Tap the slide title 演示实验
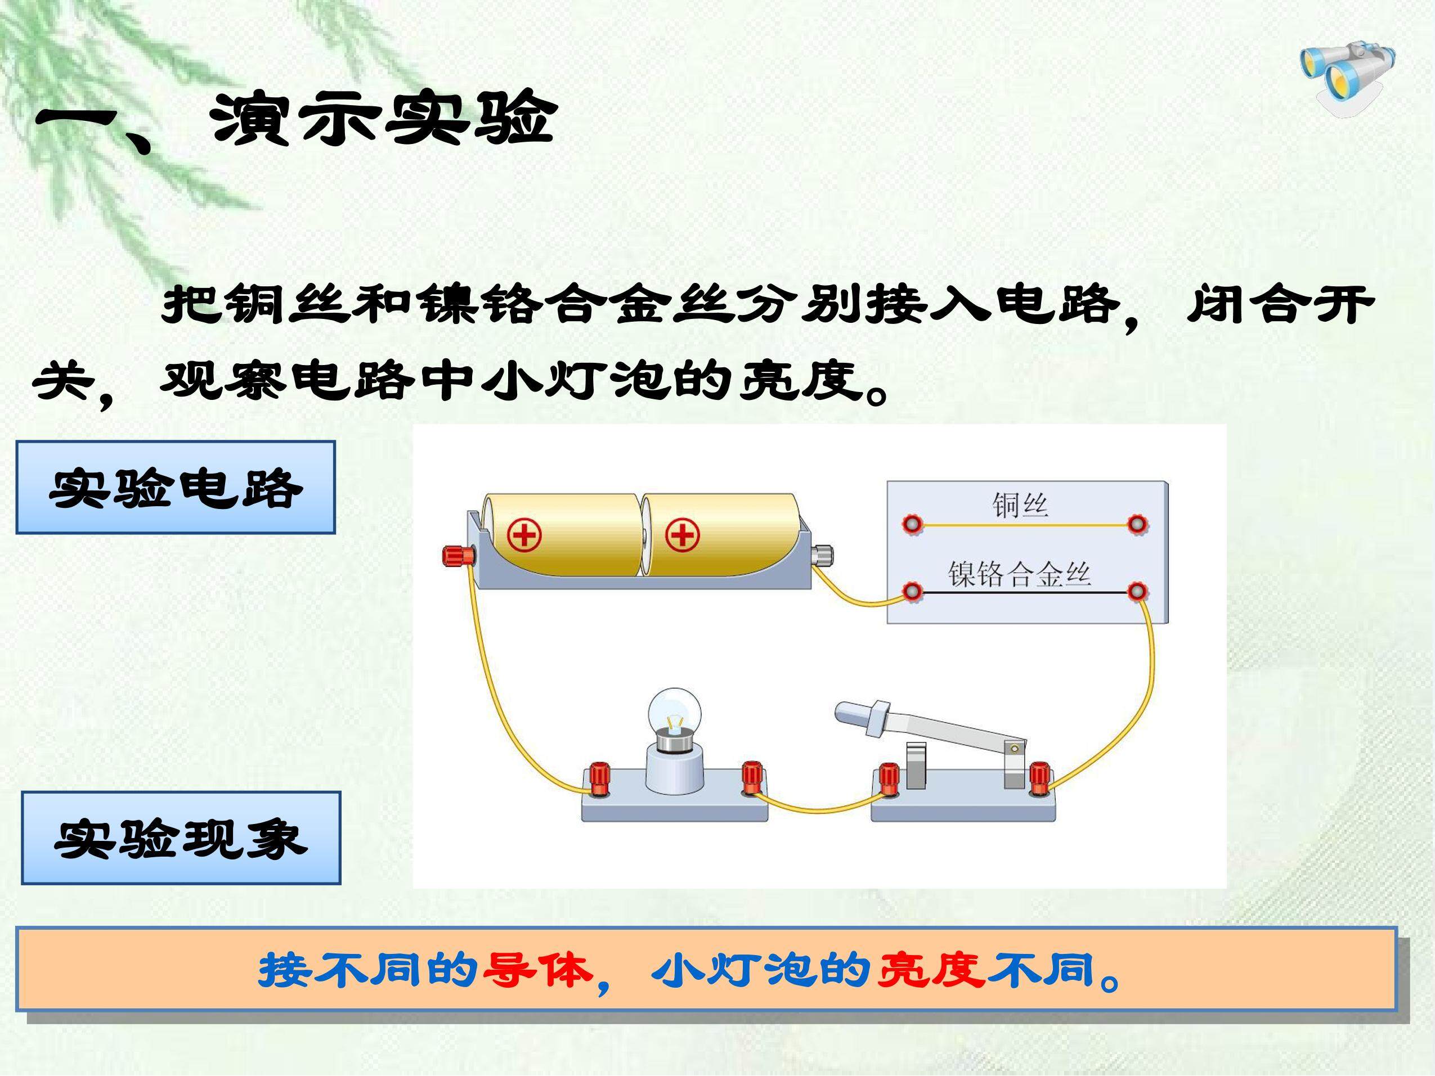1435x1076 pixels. click(x=383, y=118)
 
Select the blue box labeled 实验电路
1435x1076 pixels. click(x=175, y=487)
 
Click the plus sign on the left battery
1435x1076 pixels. click(x=524, y=535)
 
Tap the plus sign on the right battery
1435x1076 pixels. click(x=682, y=535)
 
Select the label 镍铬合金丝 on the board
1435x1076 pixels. click(x=1019, y=573)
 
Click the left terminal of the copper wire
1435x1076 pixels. click(x=913, y=524)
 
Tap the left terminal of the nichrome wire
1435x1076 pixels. click(x=913, y=592)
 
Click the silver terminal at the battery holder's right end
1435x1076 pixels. click(x=823, y=556)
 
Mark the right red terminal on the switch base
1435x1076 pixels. click(x=1039, y=779)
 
